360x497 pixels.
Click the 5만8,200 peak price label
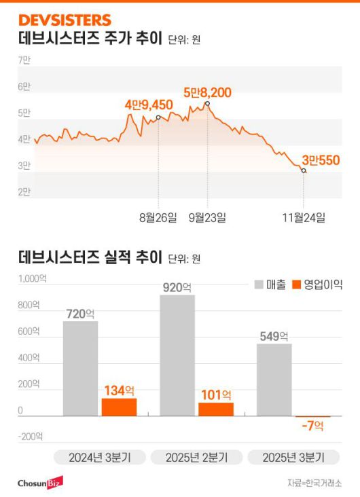[x=208, y=92]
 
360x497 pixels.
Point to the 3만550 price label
[x=321, y=160]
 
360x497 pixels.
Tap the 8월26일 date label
[x=158, y=217]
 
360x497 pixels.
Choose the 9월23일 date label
[x=207, y=217]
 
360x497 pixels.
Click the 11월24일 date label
[x=304, y=217]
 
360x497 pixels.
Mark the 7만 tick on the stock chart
[x=24, y=60]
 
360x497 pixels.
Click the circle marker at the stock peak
[x=207, y=103]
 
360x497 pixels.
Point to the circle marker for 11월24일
[x=304, y=171]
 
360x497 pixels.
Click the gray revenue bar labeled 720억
[x=80, y=368]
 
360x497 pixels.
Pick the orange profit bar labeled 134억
[x=119, y=407]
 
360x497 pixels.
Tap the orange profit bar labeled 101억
[x=215, y=409]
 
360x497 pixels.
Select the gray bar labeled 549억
[x=274, y=380]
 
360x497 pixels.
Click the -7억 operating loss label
[x=312, y=425]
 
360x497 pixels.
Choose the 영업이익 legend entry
[x=317, y=284]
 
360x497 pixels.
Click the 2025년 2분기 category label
[x=196, y=457]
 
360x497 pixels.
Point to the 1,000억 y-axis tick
[x=33, y=278]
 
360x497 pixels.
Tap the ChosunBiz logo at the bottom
[x=40, y=482]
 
